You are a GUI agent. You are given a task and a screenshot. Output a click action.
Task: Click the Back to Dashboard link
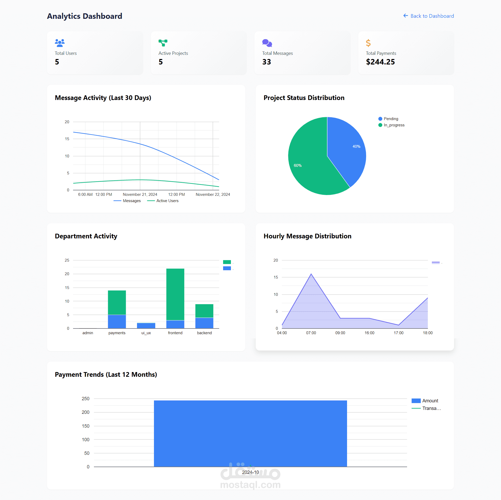[x=429, y=16]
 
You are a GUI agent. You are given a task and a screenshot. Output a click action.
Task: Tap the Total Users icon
[x=60, y=43]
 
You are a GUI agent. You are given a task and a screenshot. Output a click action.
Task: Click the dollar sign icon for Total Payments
[x=368, y=43]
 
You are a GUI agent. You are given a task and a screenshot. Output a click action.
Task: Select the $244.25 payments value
[x=380, y=62]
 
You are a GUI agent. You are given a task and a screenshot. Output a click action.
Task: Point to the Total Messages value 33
[x=266, y=62]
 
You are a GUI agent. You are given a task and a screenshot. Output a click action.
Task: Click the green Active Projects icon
[x=163, y=43]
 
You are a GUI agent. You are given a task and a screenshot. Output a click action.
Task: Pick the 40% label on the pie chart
[x=356, y=146]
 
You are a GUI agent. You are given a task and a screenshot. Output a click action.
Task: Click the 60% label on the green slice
[x=297, y=166]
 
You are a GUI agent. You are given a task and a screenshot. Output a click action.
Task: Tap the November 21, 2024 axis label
[x=140, y=195]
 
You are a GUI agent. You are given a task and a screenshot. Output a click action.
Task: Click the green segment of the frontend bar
[x=175, y=294]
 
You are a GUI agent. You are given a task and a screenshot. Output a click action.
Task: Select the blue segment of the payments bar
[x=117, y=321]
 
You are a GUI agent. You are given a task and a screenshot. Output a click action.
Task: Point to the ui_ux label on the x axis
[x=146, y=333]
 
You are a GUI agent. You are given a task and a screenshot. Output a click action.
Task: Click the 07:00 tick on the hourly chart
[x=311, y=333]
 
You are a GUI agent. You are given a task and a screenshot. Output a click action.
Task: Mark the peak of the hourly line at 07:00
[x=311, y=274]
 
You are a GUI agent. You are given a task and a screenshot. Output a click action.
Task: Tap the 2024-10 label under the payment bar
[x=250, y=472]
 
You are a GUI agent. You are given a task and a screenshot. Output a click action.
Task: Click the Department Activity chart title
[x=86, y=236]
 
